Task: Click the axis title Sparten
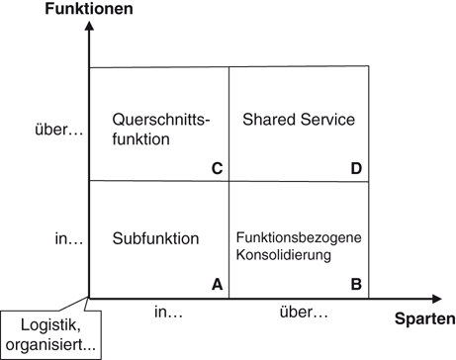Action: (x=424, y=319)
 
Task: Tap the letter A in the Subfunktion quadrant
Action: (x=217, y=284)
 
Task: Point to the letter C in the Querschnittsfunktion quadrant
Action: (x=217, y=167)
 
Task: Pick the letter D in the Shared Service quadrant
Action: (x=356, y=167)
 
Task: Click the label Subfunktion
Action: (x=156, y=238)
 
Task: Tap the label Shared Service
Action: (x=299, y=120)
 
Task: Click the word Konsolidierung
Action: (x=284, y=255)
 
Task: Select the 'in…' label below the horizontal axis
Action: (x=168, y=314)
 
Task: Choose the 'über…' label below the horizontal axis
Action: (x=302, y=314)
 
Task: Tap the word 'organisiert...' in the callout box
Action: (x=48, y=345)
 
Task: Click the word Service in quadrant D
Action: (x=328, y=120)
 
